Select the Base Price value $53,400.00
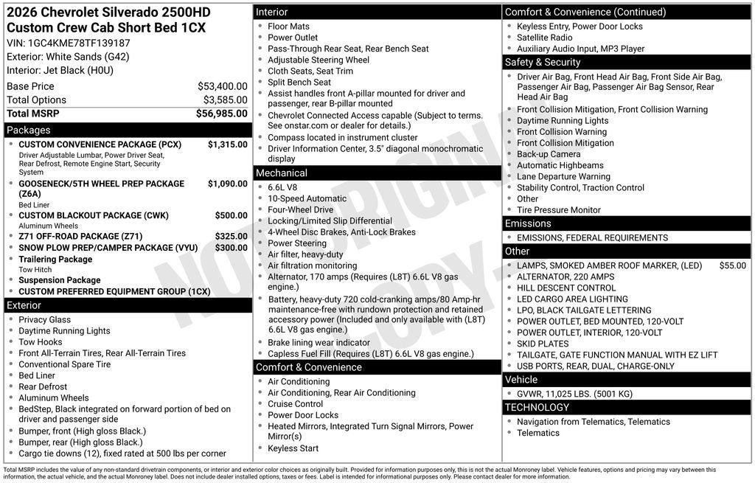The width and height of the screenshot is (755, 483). pyautogui.click(x=222, y=86)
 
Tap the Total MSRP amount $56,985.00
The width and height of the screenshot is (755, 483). pyautogui.click(x=221, y=114)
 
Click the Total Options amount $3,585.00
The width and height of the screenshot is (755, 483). pyautogui.click(x=225, y=100)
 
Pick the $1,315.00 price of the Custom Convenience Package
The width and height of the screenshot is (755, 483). pyautogui.click(x=227, y=145)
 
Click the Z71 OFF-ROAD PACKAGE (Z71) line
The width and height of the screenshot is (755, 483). pyautogui.click(x=81, y=237)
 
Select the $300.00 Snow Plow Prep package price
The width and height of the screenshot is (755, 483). pyautogui.click(x=231, y=248)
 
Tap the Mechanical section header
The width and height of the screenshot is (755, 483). pyautogui.click(x=282, y=173)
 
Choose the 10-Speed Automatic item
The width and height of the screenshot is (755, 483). pyautogui.click(x=307, y=198)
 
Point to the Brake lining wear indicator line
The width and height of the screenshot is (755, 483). pyautogui.click(x=319, y=343)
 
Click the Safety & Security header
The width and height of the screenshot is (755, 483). pyautogui.click(x=543, y=62)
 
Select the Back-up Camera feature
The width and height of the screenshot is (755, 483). pyautogui.click(x=549, y=154)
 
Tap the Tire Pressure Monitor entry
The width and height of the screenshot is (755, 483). pyautogui.click(x=558, y=210)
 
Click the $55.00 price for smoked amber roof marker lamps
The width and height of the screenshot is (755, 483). pyautogui.click(x=732, y=265)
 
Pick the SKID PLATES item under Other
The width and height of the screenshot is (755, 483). pyautogui.click(x=543, y=344)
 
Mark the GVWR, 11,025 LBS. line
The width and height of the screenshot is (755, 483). pyautogui.click(x=574, y=394)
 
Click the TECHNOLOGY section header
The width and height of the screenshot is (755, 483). pyautogui.click(x=537, y=407)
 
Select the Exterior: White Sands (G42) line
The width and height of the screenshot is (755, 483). pyautogui.click(x=68, y=57)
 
